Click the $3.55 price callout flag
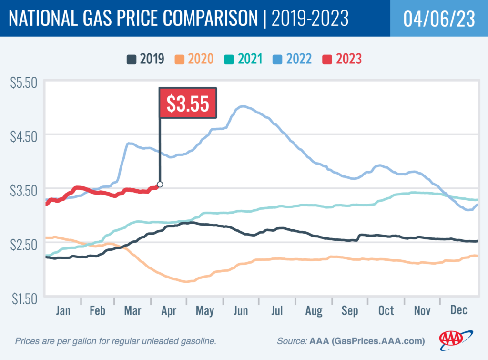187,103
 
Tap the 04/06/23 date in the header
438,19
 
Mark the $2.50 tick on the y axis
23,244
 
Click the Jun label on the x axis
241,311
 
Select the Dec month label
458,311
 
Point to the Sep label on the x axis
350,311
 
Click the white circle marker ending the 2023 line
160,185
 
